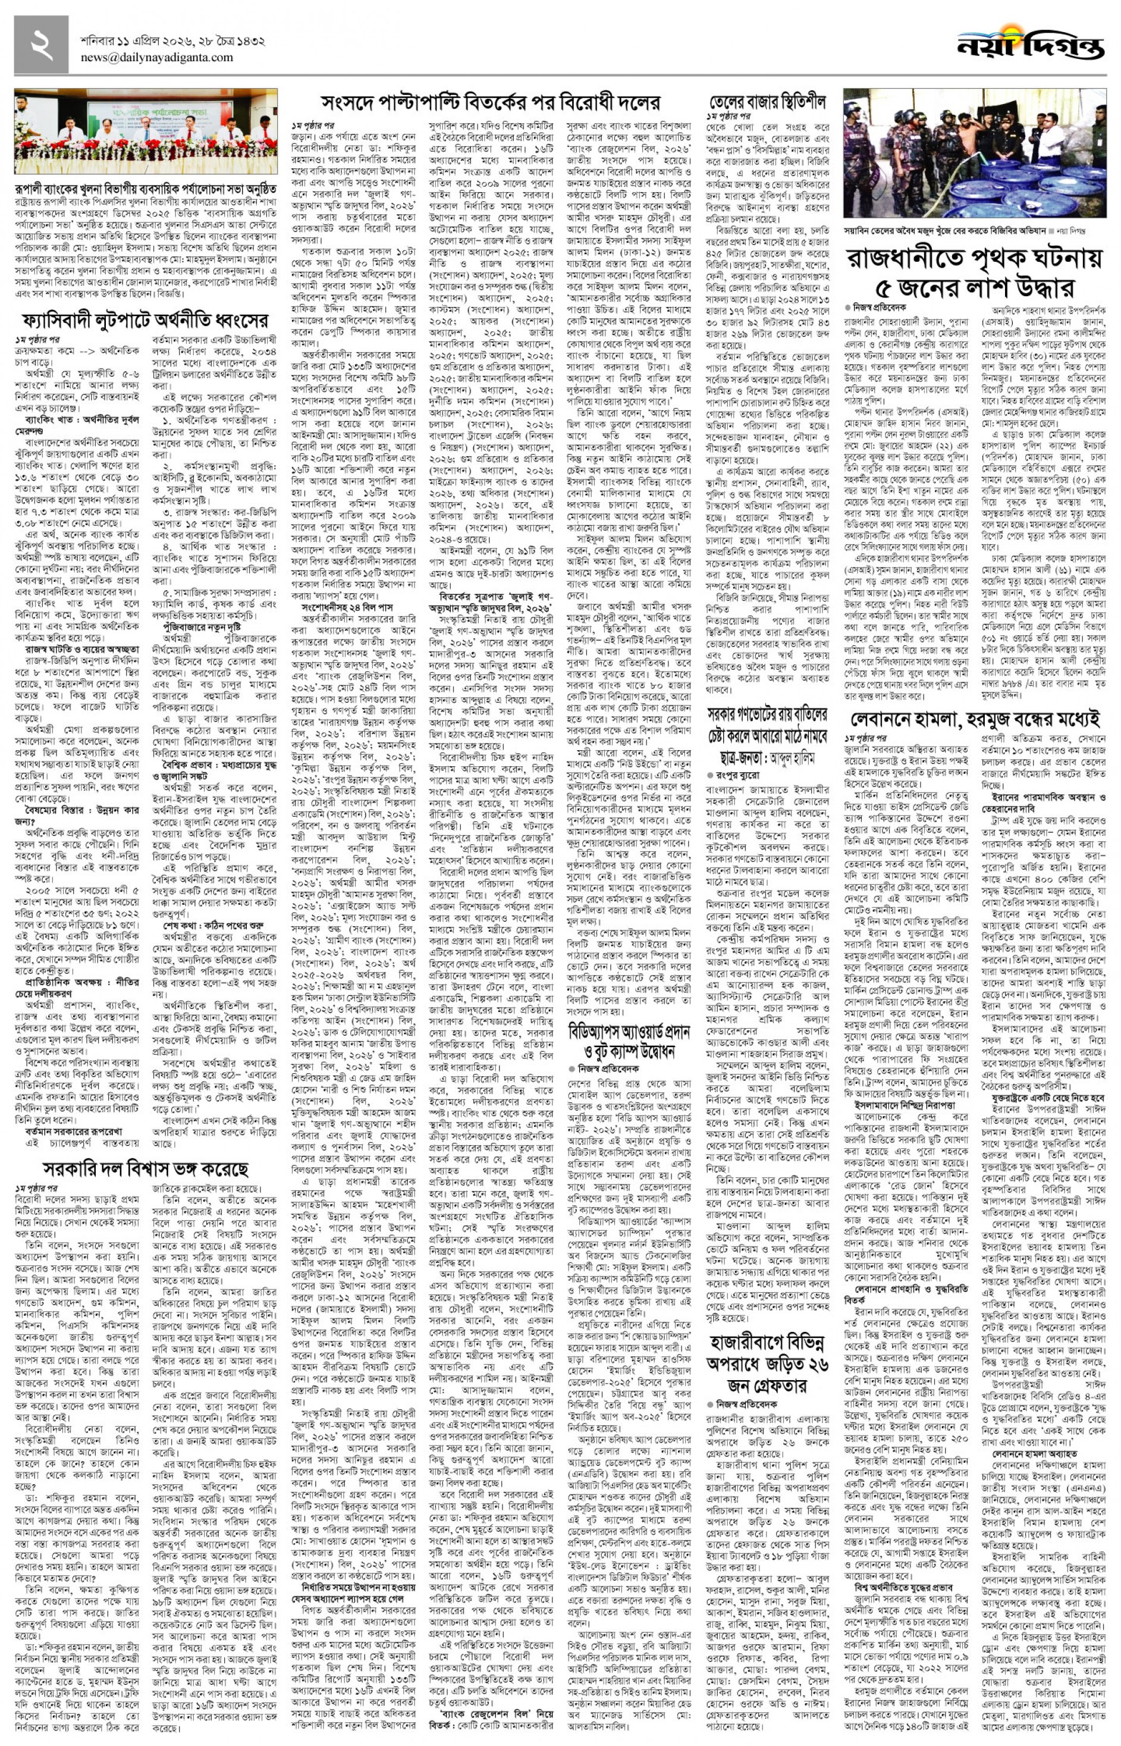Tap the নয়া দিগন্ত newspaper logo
1031,45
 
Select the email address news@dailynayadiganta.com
157,58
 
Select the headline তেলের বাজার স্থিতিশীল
767,101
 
